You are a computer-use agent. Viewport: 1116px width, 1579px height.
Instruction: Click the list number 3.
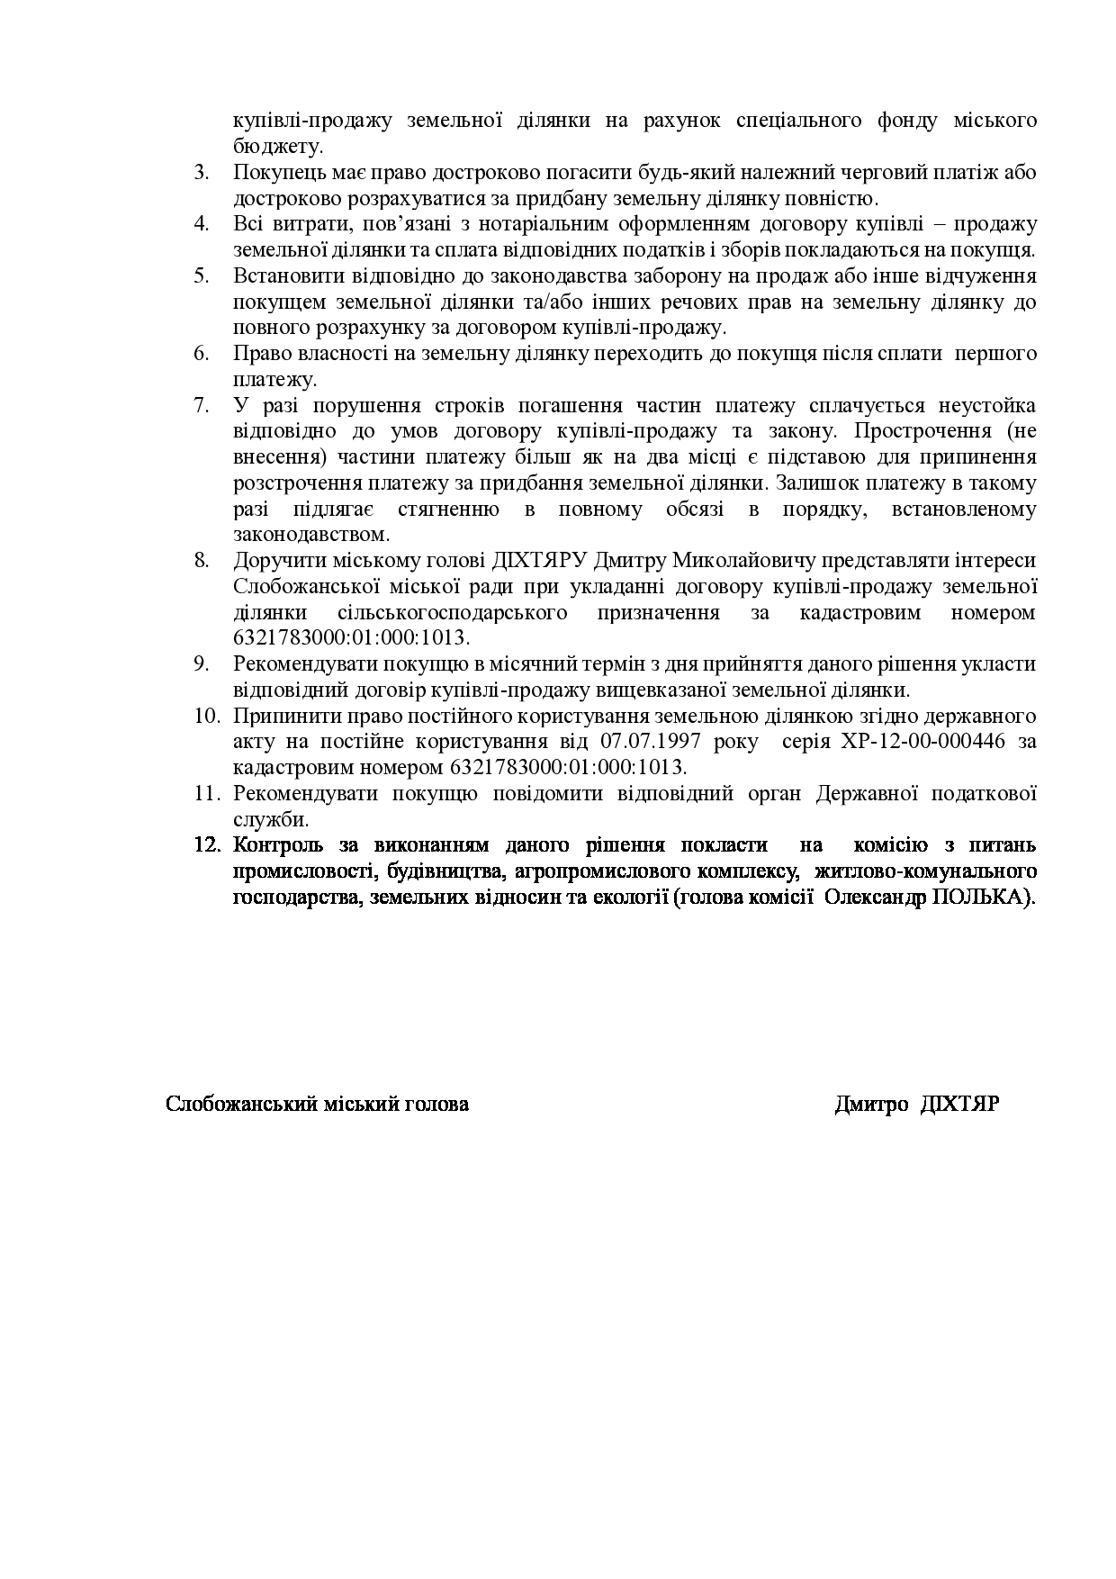[201, 172]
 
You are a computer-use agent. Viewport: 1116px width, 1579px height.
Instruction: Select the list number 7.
[201, 405]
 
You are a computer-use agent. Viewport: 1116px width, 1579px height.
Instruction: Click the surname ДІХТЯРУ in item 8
[539, 561]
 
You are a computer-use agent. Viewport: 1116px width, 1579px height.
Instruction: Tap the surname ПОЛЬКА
[989, 898]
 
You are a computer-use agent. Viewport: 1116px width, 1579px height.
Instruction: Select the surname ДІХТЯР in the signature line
[960, 1104]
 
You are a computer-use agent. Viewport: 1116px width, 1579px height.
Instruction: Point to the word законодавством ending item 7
[310, 535]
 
